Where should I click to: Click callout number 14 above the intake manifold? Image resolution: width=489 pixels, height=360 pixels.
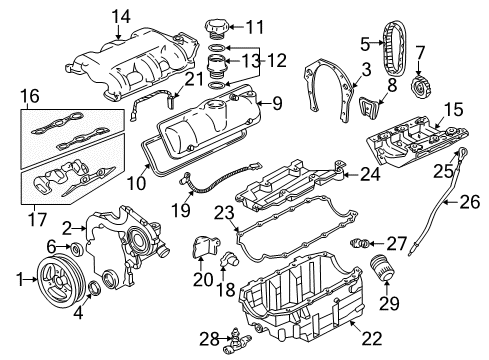pos(121,15)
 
